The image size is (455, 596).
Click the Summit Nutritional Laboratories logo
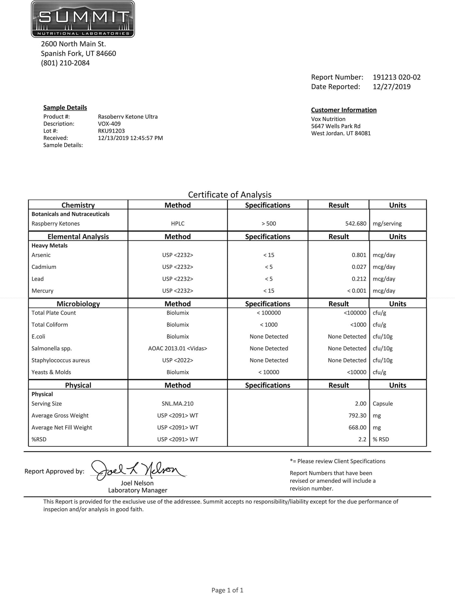pos(83,19)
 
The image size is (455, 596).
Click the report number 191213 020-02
pos(396,77)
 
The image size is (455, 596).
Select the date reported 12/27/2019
pos(391,87)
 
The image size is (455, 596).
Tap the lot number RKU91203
pos(111,131)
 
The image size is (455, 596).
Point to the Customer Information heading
pos(344,110)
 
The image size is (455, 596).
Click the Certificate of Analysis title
pos(230,195)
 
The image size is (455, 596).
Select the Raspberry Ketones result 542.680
pos(355,224)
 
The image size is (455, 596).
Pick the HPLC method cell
pos(178,224)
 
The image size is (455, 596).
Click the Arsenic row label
pos(41,255)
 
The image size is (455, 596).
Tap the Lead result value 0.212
pos(359,279)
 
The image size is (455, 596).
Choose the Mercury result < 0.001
pos(356,291)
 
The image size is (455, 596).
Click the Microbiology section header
pos(78,304)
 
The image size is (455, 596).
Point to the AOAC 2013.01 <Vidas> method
pos(178,348)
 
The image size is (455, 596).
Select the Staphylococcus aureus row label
pos(60,360)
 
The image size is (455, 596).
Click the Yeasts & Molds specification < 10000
pos(269,372)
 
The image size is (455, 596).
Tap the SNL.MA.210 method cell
pos(178,404)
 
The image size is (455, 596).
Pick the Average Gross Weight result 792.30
pos(357,416)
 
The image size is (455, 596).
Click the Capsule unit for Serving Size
pos(383,404)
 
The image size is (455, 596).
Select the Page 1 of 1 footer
pos(227,590)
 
